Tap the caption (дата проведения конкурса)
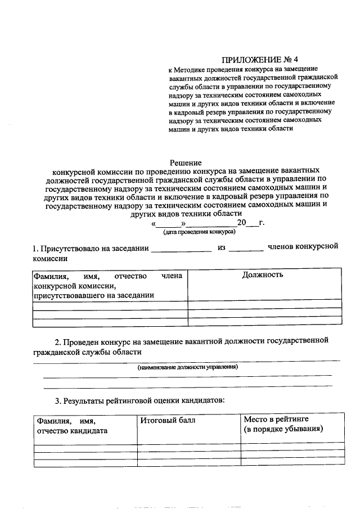(x=199, y=231)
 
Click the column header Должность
(x=263, y=275)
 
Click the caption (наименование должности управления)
(x=188, y=367)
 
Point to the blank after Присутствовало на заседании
(x=181, y=249)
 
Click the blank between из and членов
(x=246, y=249)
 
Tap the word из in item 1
(x=221, y=247)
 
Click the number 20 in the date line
(x=242, y=222)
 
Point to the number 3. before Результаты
(x=58, y=401)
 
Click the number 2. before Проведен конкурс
(x=58, y=341)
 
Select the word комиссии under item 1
(x=50, y=259)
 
